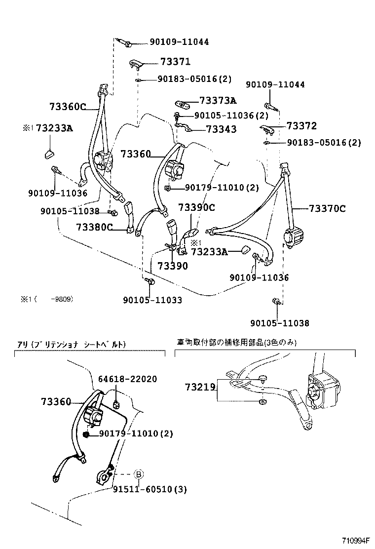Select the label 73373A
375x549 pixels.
(218, 101)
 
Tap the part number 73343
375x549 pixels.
(221, 129)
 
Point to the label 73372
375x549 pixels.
(301, 126)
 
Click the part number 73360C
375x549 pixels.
(68, 106)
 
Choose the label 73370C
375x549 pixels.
(327, 209)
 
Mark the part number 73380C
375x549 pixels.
(95, 227)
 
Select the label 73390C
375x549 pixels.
(196, 207)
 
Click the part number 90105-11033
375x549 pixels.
(152, 300)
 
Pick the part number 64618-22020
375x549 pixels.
(127, 379)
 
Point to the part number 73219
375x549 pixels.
(200, 387)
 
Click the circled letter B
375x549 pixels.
(139, 474)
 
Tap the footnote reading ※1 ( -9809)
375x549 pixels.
(47, 299)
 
